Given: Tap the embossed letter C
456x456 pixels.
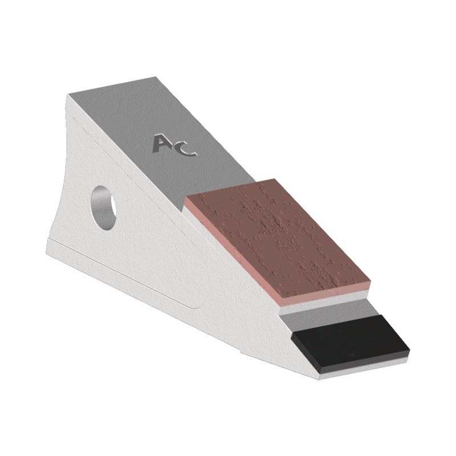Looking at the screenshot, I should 186,148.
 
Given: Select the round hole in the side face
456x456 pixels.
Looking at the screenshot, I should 104,206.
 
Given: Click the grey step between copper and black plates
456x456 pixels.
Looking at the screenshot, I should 331,311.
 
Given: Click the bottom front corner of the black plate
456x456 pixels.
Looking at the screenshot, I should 321,374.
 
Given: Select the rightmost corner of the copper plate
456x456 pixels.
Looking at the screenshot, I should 371,279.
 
